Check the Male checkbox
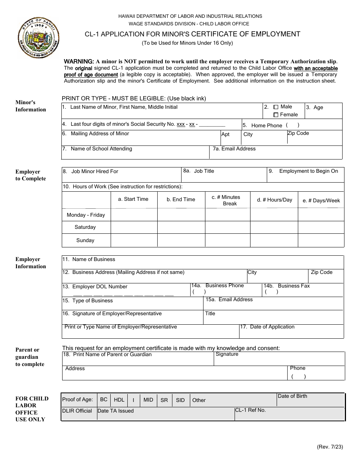tap(276, 107)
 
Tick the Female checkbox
tap(276, 115)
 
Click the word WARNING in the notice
tap(78, 61)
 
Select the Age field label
tap(318, 107)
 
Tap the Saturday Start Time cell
tap(134, 227)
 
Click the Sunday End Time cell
tap(181, 241)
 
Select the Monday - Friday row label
tap(86, 215)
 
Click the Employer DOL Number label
tap(100, 287)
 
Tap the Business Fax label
tap(294, 286)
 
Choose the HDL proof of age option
tap(119, 400)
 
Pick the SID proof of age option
tap(180, 400)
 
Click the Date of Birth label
tap(292, 396)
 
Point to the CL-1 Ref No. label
tap(250, 410)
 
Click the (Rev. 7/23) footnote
tap(330, 447)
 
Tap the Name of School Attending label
tap(101, 149)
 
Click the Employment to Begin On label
tap(308, 171)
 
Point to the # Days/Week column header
tap(321, 200)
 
